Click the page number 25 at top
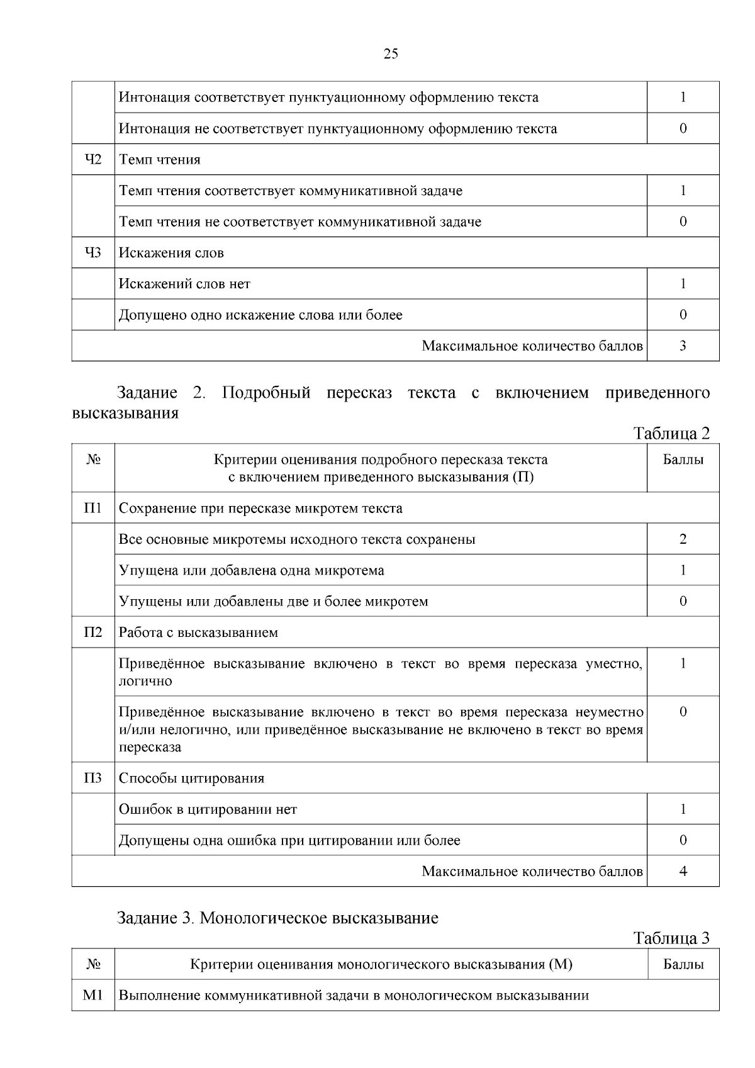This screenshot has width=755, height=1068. pos(391,54)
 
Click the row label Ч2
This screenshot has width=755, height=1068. pos(93,160)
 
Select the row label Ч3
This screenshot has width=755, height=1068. pos(93,253)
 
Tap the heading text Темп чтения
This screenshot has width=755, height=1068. pos(160,160)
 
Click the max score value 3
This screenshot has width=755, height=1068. pos(683,346)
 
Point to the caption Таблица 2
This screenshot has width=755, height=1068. pos(671,434)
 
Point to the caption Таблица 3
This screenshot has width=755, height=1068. pos(671,938)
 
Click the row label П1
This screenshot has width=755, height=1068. pos(93,509)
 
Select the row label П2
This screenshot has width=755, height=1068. pos(93,632)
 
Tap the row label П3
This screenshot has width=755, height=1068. pos(93,779)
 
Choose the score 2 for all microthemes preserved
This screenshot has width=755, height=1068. pos(683,539)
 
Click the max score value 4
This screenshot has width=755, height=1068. pos(683,872)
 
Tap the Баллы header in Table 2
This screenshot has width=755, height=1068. pos(683,460)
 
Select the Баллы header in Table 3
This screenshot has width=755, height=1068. pos(683,965)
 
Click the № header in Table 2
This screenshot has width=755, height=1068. pos(93,460)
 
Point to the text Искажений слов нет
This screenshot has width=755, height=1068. pos(184,284)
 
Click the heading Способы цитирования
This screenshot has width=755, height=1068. pos(191,779)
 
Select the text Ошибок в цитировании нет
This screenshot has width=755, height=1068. pos(208,810)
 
